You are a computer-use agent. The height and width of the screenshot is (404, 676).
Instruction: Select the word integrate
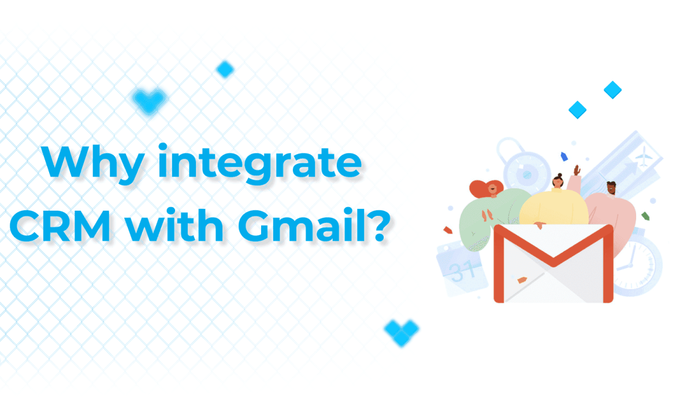coord(259,164)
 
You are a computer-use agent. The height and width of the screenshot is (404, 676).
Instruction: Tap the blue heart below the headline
coord(402,332)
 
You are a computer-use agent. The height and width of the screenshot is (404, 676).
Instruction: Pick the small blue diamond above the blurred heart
coord(225,69)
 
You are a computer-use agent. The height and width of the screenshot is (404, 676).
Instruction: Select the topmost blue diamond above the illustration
coord(612,89)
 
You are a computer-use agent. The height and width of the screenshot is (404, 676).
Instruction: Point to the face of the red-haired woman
coord(492,189)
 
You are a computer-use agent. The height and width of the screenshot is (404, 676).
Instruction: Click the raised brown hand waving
coord(577,170)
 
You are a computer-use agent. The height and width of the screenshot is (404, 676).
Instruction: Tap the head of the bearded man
coord(611,188)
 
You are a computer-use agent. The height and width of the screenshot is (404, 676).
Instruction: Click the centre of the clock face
coord(630,265)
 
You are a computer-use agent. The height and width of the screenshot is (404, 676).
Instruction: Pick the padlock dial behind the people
coord(527,175)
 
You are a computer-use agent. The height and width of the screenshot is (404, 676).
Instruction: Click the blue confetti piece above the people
coord(564,156)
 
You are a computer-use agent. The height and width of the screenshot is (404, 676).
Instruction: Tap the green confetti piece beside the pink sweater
coord(645,216)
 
